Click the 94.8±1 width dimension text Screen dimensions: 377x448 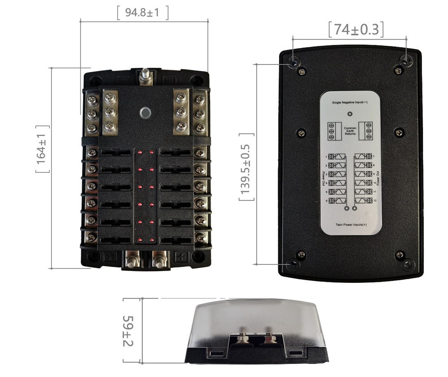click(x=142, y=13)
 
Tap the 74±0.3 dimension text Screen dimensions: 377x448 click(x=356, y=30)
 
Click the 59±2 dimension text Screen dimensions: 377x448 click(x=129, y=330)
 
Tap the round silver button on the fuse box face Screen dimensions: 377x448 click(x=144, y=112)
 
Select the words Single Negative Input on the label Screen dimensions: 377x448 click(x=350, y=103)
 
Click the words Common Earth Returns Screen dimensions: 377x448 click(x=350, y=131)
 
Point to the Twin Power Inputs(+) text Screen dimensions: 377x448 click(x=351, y=224)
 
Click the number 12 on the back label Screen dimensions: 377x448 click(x=375, y=200)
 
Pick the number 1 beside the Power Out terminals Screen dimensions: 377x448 click(x=326, y=157)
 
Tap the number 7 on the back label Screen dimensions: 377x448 click(x=374, y=156)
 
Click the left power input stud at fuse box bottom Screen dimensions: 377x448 click(x=132, y=259)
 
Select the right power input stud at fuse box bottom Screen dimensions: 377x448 click(x=159, y=259)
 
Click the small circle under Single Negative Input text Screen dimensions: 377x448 click(x=350, y=114)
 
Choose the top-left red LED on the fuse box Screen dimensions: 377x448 click(x=140, y=153)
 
